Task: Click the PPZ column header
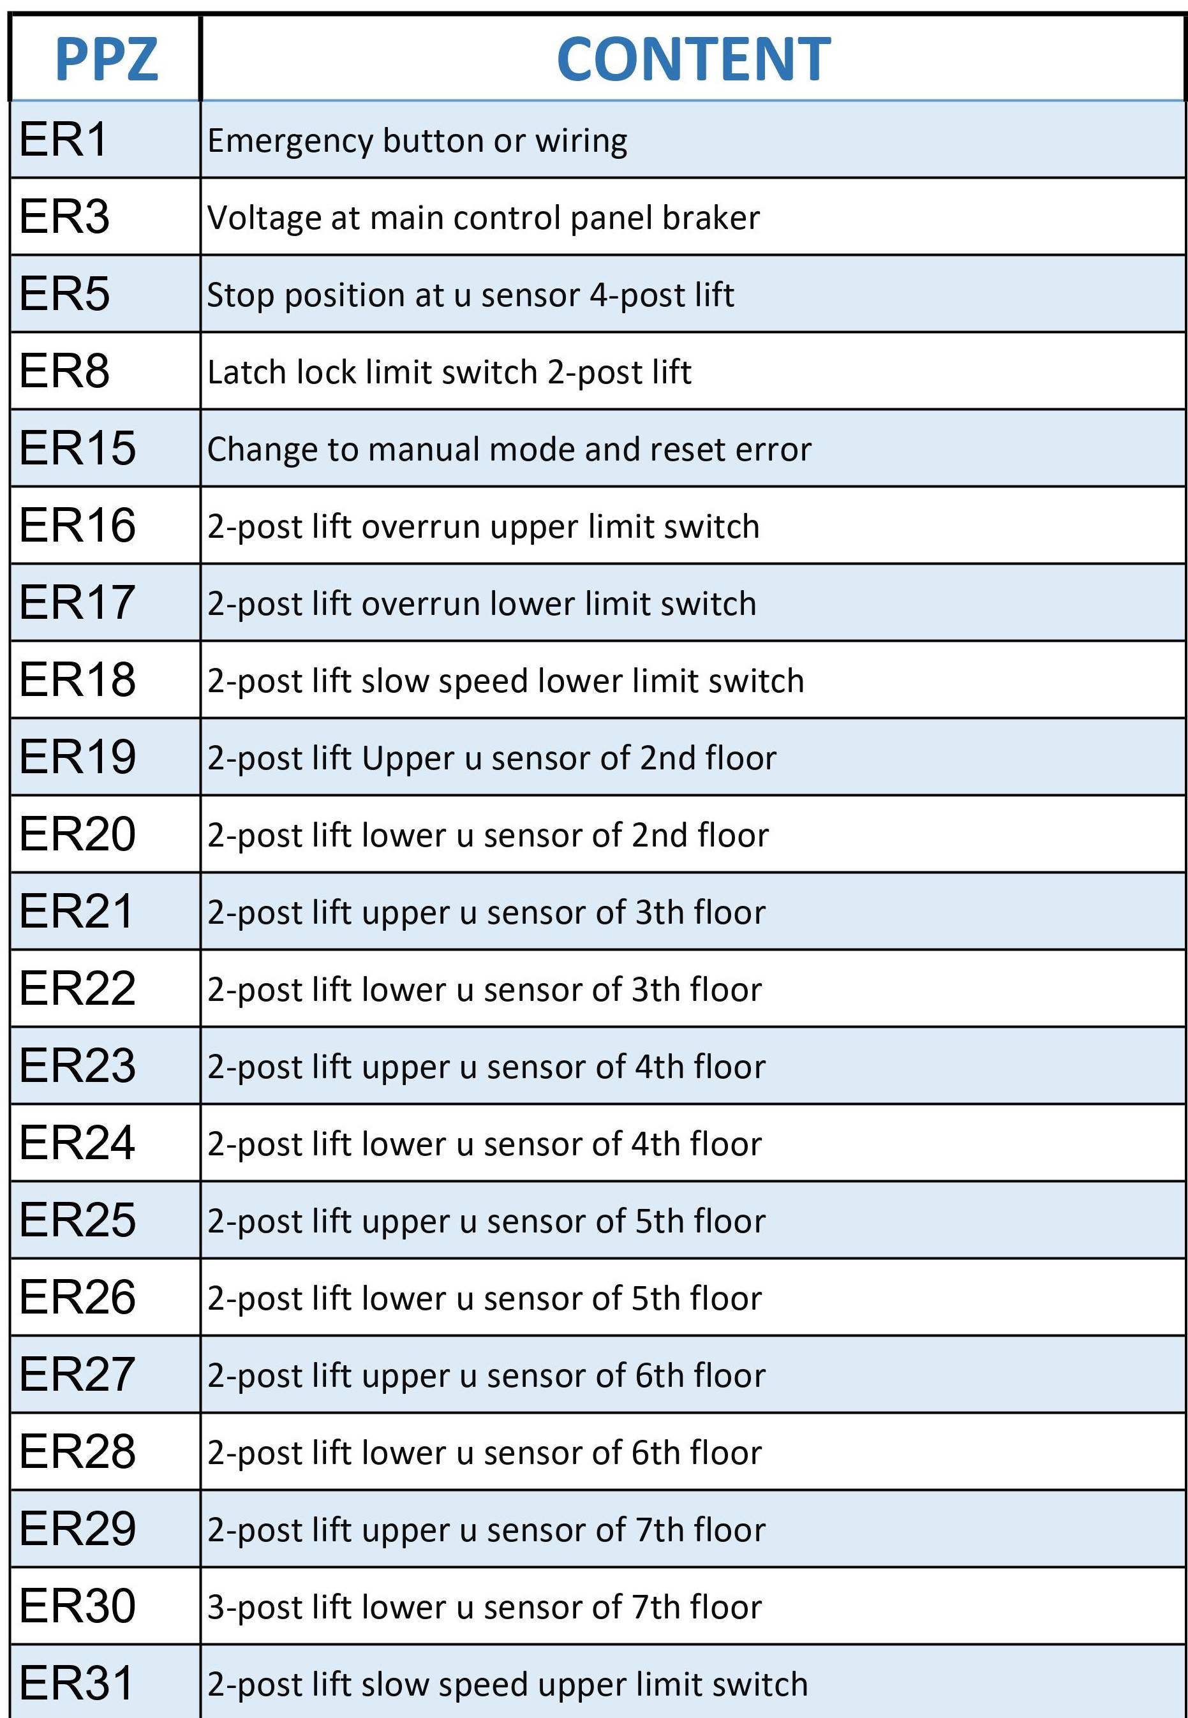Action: (107, 59)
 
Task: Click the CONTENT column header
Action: (693, 59)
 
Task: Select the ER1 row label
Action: (63, 139)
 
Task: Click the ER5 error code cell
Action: (65, 294)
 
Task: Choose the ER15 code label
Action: (77, 448)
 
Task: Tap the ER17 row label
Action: (77, 602)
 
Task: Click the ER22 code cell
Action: (77, 988)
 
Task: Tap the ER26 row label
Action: (77, 1297)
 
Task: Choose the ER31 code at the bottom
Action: (77, 1683)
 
